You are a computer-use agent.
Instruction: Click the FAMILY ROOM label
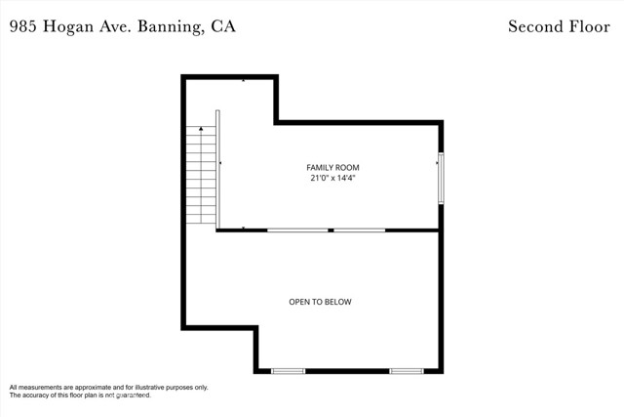click(332, 167)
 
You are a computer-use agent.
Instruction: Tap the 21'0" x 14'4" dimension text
click(332, 178)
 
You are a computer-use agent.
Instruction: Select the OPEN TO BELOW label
click(320, 302)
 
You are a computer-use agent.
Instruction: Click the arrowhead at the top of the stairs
click(201, 128)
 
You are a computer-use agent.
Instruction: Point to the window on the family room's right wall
click(441, 178)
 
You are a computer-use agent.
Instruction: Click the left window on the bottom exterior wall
click(289, 371)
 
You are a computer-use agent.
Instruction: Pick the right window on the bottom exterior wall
click(407, 371)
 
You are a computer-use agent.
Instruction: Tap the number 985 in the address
click(23, 26)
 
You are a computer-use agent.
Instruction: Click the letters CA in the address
click(223, 26)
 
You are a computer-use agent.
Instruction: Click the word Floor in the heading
click(590, 26)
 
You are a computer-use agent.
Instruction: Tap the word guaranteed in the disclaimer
click(134, 396)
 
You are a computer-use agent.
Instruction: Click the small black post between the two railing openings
click(331, 230)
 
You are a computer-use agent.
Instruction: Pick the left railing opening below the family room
click(297, 230)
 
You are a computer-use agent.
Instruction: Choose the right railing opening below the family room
click(360, 230)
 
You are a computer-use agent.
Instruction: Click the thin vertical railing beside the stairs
click(217, 169)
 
